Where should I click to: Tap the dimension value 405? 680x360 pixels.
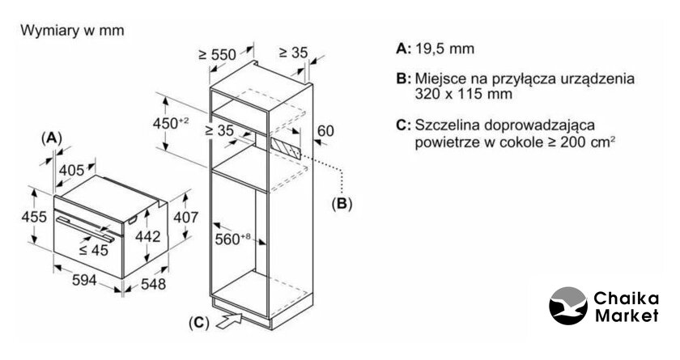coord(72,170)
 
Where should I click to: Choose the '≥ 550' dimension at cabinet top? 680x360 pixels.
coord(217,54)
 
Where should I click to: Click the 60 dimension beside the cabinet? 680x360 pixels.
coord(325,130)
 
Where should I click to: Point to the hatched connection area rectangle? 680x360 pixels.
coord(285,146)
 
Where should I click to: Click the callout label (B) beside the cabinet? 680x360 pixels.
coord(342,204)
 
